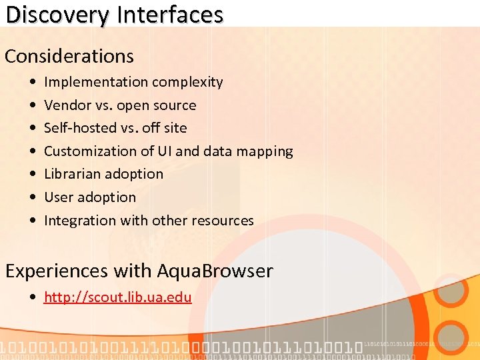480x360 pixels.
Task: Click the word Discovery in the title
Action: pyautogui.click(x=57, y=15)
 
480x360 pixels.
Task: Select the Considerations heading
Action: pyautogui.click(x=69, y=56)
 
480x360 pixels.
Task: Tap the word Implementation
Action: pyautogui.click(x=96, y=82)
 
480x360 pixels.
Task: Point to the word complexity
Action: pyautogui.click(x=187, y=82)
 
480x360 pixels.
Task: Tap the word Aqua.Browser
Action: pyautogui.click(x=215, y=271)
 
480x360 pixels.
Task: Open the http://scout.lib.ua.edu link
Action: pyautogui.click(x=117, y=297)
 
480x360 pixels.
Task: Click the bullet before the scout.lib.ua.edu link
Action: pyautogui.click(x=34, y=297)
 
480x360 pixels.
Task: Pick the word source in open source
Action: pyautogui.click(x=174, y=105)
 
